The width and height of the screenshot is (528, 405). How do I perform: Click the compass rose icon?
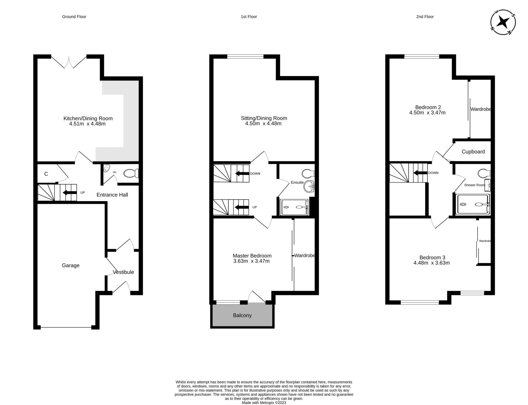[x=503, y=22]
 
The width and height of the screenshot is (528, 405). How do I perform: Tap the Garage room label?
[x=70, y=265]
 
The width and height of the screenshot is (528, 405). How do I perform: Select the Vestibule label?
[x=123, y=272]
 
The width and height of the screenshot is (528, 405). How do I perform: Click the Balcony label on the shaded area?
[x=242, y=315]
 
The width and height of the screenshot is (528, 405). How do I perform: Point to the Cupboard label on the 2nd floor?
[x=473, y=152]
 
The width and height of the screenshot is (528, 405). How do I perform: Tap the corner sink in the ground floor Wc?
[x=106, y=169]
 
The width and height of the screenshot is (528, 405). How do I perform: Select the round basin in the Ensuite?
[x=309, y=186]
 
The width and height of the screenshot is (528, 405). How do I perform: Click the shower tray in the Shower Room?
[x=473, y=204]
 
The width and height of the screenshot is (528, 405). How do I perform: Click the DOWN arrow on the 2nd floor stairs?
[x=420, y=173]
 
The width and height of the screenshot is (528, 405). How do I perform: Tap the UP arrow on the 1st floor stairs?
[x=241, y=207]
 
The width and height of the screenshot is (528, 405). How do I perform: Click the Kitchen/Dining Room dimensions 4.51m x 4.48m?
[x=87, y=124]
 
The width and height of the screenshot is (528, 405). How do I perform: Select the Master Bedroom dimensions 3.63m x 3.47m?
[x=251, y=261]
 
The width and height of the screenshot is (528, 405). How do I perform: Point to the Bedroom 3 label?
[x=432, y=257]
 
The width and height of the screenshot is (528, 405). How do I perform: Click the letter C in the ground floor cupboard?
[x=46, y=174]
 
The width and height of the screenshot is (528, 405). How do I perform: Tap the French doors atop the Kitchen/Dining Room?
[x=69, y=62]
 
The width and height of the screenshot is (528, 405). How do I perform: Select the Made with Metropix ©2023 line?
[x=264, y=403]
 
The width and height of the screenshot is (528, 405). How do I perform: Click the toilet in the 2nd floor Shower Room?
[x=483, y=173]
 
